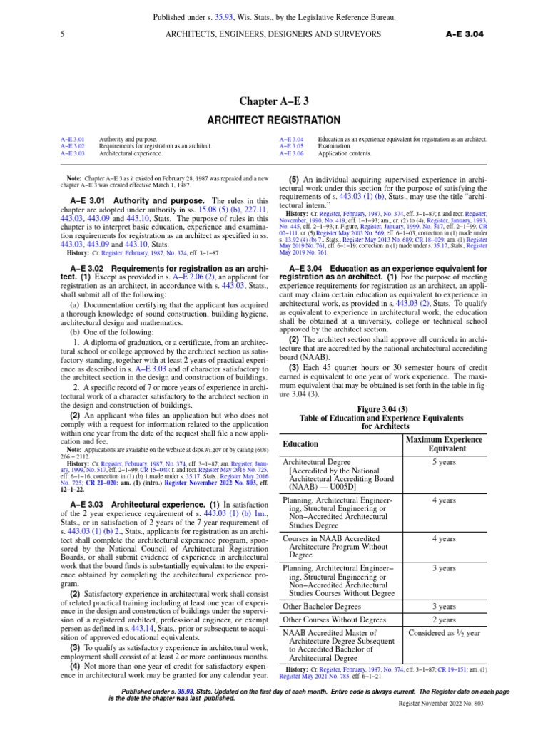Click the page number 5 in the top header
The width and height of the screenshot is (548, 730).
[x=64, y=34]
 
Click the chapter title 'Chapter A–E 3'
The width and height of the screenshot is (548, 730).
[x=274, y=100]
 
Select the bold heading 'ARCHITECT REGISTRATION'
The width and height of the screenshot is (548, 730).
[x=274, y=120]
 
